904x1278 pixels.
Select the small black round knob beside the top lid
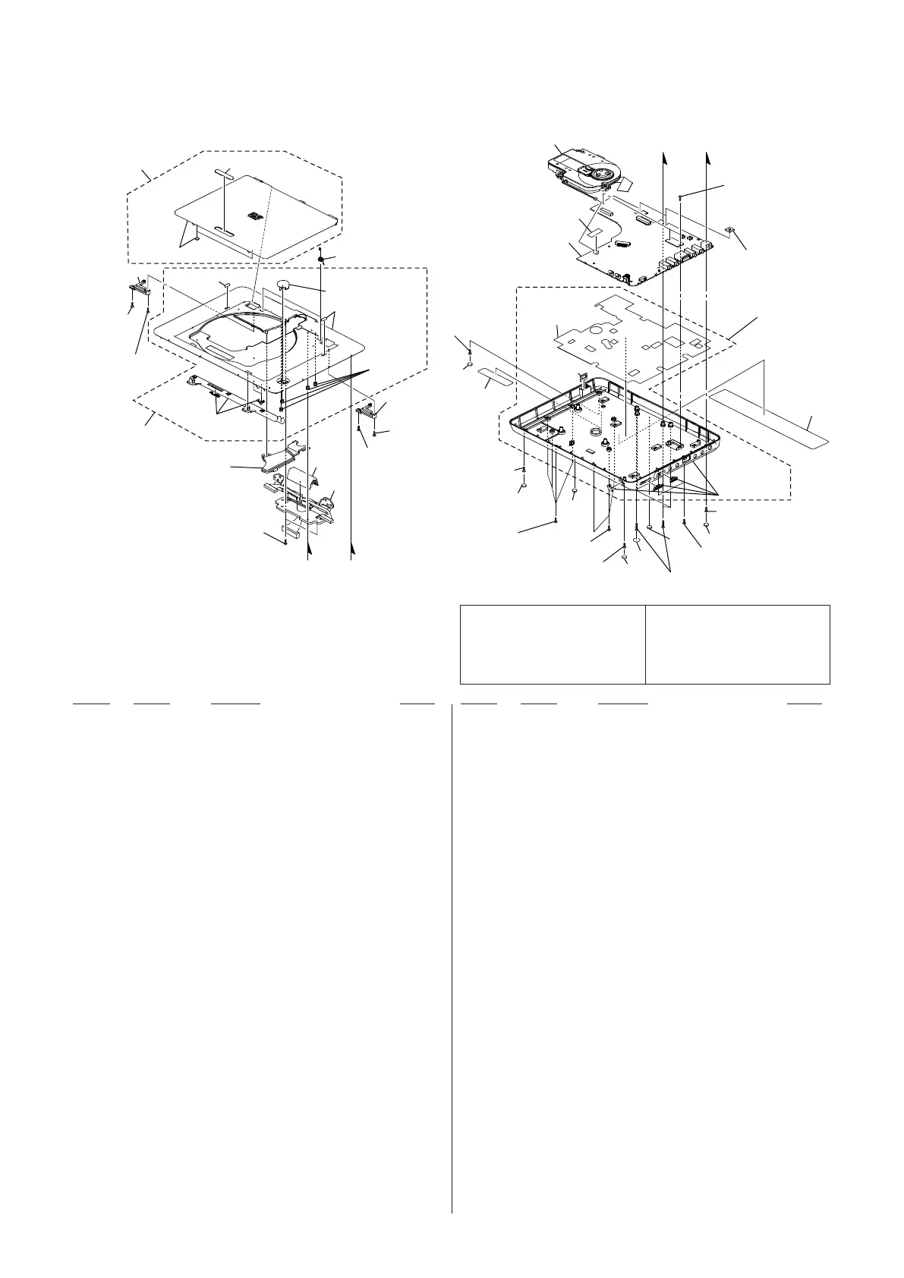[x=321, y=260]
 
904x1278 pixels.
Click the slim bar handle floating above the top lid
[x=225, y=173]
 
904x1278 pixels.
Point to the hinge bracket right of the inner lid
[x=367, y=412]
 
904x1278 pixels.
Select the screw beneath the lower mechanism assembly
[x=285, y=541]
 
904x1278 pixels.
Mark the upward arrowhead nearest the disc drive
[x=664, y=155]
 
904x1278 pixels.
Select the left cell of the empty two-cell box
[x=553, y=644]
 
